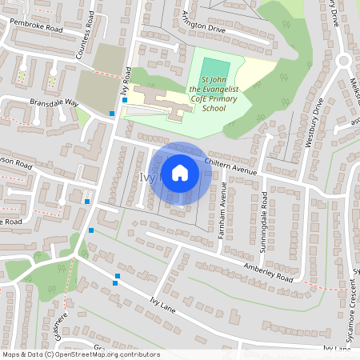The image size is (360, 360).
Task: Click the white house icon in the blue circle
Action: (180, 172)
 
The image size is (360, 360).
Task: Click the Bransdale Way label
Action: (54, 103)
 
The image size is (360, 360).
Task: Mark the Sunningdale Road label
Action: (262, 217)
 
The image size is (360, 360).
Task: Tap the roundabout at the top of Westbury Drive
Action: (345, 61)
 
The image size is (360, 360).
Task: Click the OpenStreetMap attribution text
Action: (81, 354)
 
